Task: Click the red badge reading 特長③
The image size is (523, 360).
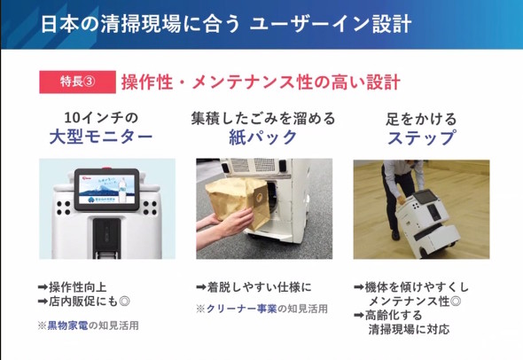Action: tap(77, 82)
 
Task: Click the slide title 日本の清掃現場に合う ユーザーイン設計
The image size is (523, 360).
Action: tap(226, 24)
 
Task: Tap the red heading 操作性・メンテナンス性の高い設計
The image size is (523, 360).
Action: tap(261, 82)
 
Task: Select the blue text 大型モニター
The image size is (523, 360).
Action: tap(101, 137)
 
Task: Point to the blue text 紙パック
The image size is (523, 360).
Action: tap(263, 137)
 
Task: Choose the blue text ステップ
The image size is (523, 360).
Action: tap(421, 137)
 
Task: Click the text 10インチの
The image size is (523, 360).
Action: tap(101, 118)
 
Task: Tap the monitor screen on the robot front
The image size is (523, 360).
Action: tap(106, 189)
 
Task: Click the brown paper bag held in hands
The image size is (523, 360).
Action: tap(238, 201)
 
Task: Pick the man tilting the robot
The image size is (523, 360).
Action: tap(401, 193)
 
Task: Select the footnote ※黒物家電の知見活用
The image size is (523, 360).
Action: tap(88, 325)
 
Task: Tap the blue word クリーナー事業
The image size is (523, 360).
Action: tap(241, 309)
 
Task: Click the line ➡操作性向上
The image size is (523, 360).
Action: tap(73, 287)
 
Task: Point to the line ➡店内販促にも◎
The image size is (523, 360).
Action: tap(83, 301)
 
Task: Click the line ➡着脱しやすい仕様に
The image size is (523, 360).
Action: tap(254, 287)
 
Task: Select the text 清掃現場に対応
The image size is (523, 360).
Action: tap(409, 329)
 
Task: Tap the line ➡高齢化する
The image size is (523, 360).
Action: tap(388, 315)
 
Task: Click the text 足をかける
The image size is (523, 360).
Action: tap(421, 119)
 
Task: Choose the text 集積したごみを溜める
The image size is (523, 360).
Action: tap(263, 119)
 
